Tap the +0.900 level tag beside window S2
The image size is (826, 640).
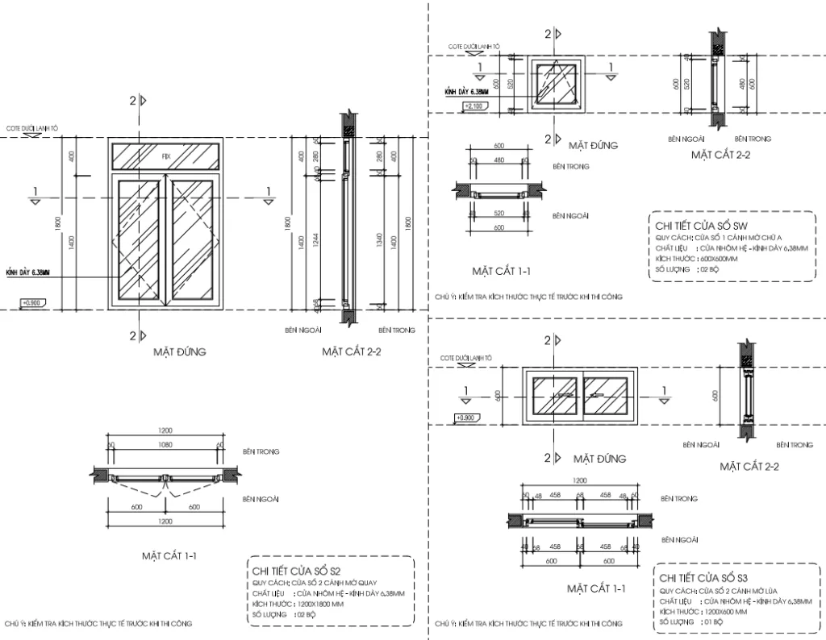(33, 303)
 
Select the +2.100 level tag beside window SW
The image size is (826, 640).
(474, 106)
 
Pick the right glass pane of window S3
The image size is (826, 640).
(607, 395)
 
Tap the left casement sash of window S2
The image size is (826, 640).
(139, 240)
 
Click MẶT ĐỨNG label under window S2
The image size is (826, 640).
(180, 351)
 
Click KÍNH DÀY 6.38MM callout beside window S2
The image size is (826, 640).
(28, 274)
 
